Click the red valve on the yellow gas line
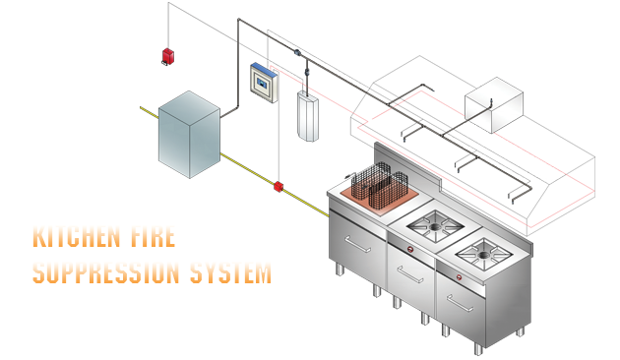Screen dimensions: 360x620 [x=279, y=186]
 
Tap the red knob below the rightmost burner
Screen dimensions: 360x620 [x=460, y=290]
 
